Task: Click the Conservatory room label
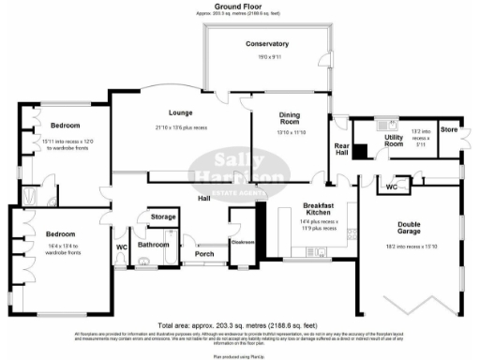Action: [x=267, y=44]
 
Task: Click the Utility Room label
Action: [x=394, y=140]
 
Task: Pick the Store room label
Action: [x=449, y=127]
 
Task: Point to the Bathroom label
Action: [x=153, y=245]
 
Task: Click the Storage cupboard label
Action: [x=163, y=217]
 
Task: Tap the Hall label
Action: [x=202, y=198]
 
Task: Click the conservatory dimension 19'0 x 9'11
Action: [x=270, y=58]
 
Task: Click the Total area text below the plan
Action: [x=238, y=321]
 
